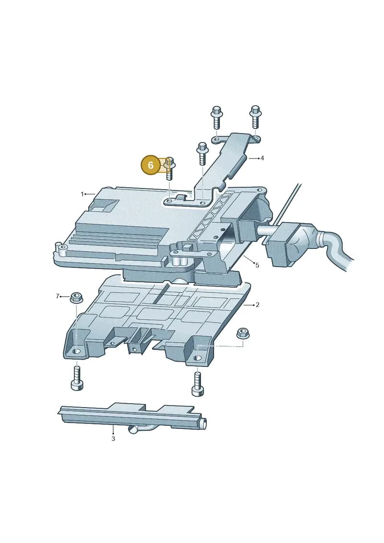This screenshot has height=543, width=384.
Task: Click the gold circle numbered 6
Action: coord(150,165)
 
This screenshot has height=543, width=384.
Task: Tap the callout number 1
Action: coord(82,194)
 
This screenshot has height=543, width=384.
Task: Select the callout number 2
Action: coord(257,305)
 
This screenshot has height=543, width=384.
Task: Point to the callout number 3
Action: coord(113,439)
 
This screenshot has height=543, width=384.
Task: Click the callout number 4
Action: coord(262,158)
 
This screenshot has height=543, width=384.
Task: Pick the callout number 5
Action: coord(257,265)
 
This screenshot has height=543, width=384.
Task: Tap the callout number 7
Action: coord(58,296)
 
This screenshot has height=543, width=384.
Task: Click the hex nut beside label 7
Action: coord(76,298)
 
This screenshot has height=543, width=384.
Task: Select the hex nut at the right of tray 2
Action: coord(243,334)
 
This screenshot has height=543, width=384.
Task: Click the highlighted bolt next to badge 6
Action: coord(169,169)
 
